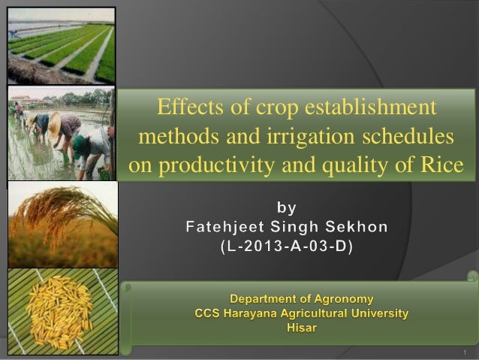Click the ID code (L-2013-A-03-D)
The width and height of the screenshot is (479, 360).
(288, 245)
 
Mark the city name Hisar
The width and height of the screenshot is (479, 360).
(302, 328)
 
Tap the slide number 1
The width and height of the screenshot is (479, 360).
(466, 352)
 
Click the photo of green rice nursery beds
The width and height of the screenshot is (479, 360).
(61, 45)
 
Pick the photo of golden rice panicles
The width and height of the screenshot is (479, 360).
(62, 223)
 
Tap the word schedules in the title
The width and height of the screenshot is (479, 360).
(408, 137)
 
